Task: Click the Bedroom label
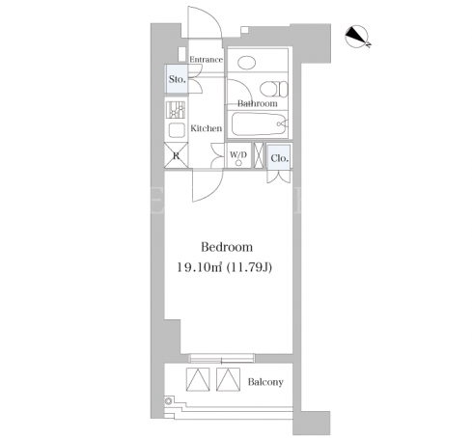point(227,247)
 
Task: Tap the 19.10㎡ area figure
point(200,267)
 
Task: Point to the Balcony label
point(265,382)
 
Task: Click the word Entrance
point(206,60)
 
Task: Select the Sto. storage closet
point(176,79)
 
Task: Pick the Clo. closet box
point(279,157)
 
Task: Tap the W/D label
point(238,154)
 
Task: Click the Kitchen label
point(206,128)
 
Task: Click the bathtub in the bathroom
point(260,123)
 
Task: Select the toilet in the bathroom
point(273,89)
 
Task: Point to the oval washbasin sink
point(247,63)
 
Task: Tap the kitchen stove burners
point(176,110)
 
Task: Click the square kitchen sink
point(177,130)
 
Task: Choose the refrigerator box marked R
point(176,155)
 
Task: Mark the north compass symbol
point(357,37)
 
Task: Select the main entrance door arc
point(210,16)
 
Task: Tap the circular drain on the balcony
point(168,401)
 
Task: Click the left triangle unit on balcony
point(198,379)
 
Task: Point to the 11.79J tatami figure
point(250,267)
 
